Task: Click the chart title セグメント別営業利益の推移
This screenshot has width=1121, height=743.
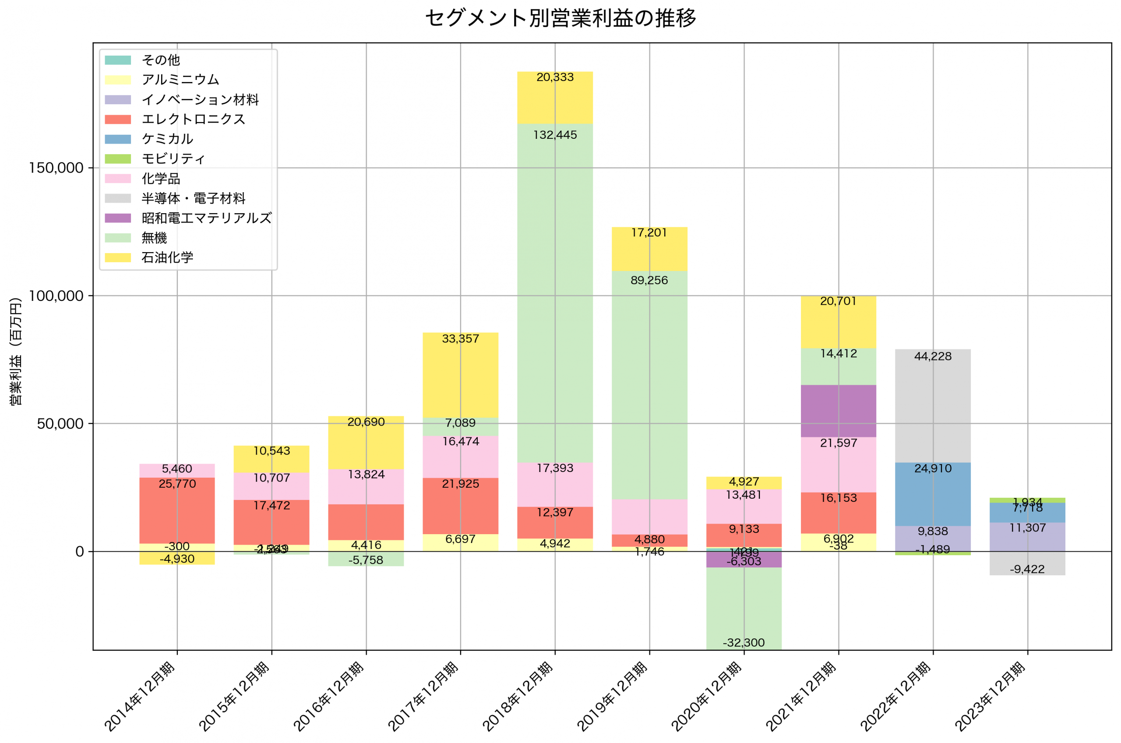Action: [x=560, y=18]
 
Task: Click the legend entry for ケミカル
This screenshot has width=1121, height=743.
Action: [x=167, y=139]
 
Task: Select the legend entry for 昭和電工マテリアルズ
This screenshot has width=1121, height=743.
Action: [x=207, y=218]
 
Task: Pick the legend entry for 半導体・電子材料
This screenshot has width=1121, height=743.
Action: [x=193, y=198]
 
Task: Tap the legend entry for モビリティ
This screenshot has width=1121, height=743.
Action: [x=173, y=159]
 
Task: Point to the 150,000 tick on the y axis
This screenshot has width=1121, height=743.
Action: [x=56, y=168]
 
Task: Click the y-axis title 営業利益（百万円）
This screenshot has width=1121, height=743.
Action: [x=16, y=351]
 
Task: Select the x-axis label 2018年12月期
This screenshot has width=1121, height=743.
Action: [x=518, y=697]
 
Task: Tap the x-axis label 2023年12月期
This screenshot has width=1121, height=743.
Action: [x=990, y=697]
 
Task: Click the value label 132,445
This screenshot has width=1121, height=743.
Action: [x=555, y=135]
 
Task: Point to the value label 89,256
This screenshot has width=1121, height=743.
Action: [x=649, y=281]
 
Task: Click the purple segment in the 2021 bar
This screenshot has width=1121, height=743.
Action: [x=838, y=411]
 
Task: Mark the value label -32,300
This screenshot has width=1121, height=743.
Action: [x=744, y=643]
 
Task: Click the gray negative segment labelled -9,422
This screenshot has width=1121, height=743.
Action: [x=1027, y=563]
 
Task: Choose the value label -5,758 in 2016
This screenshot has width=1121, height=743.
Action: [x=366, y=560]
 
